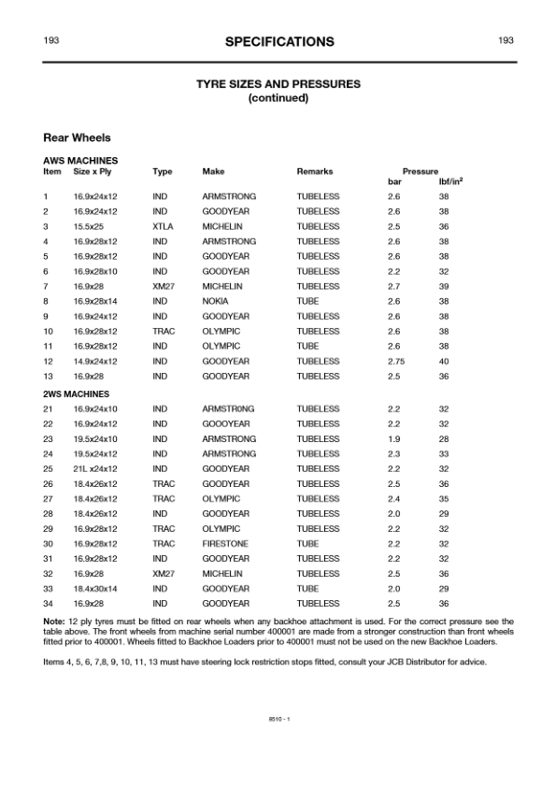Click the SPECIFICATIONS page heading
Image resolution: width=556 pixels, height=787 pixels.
[x=278, y=41]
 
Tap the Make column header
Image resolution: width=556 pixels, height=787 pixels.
[x=213, y=172]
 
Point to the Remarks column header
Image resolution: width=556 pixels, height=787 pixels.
[x=315, y=172]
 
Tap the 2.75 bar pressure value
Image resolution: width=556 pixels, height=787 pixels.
[x=397, y=361]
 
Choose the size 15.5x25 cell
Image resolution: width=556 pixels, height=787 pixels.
[x=90, y=226]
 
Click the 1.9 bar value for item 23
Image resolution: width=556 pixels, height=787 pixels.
[x=393, y=438]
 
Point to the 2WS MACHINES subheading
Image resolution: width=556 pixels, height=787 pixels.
[x=76, y=393]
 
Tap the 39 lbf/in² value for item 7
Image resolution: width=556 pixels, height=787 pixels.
[x=444, y=286]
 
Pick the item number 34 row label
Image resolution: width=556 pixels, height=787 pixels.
[x=48, y=603]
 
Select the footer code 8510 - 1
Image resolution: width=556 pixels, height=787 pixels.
[x=278, y=718]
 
